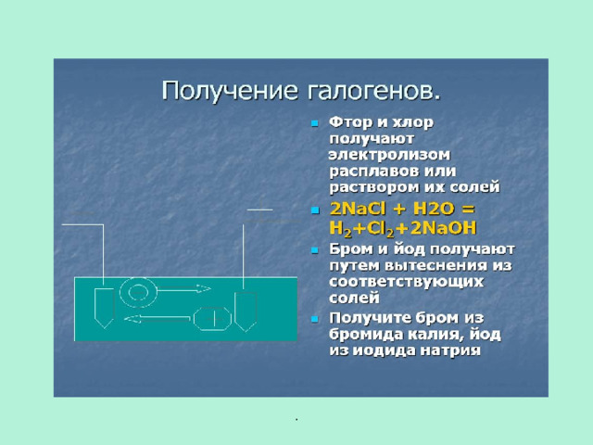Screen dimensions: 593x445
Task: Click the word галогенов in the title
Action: pos(371,92)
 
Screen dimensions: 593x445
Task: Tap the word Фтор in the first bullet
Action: pos(350,122)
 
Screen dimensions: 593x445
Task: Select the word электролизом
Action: pos(389,155)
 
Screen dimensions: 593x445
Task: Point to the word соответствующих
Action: pos(406,282)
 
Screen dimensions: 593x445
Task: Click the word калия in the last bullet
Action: pos(436,336)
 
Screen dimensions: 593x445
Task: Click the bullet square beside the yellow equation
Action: pos(315,210)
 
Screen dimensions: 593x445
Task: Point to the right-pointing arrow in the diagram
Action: pos(183,289)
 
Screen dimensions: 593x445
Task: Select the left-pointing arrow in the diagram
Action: pos(157,319)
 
